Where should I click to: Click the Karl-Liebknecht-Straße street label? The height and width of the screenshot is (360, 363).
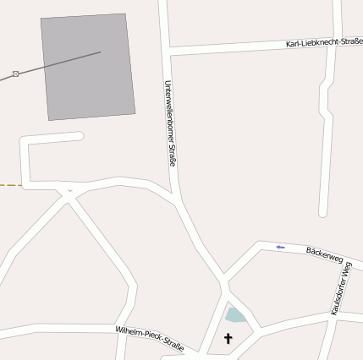pyautogui.click(x=324, y=41)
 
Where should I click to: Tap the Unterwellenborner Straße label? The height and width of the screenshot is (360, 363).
pyautogui.click(x=169, y=123)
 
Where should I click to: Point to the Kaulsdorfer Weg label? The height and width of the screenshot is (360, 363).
pyautogui.click(x=341, y=288)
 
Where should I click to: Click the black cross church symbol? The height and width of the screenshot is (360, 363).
pyautogui.click(x=228, y=338)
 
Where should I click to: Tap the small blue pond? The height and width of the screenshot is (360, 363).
pyautogui.click(x=234, y=316)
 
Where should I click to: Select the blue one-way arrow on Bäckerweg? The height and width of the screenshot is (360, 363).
pyautogui.click(x=280, y=247)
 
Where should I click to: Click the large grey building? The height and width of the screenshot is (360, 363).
pyautogui.click(x=88, y=66)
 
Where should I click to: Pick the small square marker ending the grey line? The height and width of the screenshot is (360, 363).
pyautogui.click(x=15, y=74)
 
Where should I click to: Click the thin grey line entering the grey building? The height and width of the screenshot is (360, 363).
pyautogui.click(x=59, y=63)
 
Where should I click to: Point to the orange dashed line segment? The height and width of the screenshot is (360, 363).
pyautogui.click(x=10, y=183)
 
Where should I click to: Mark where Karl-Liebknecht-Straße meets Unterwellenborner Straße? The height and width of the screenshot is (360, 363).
pyautogui.click(x=170, y=53)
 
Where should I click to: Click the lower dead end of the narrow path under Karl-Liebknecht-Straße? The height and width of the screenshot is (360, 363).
pyautogui.click(x=322, y=212)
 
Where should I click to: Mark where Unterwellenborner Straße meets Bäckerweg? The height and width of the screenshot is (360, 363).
pyautogui.click(x=225, y=277)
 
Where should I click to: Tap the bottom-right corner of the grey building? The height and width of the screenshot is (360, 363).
pyautogui.click(x=135, y=113)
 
